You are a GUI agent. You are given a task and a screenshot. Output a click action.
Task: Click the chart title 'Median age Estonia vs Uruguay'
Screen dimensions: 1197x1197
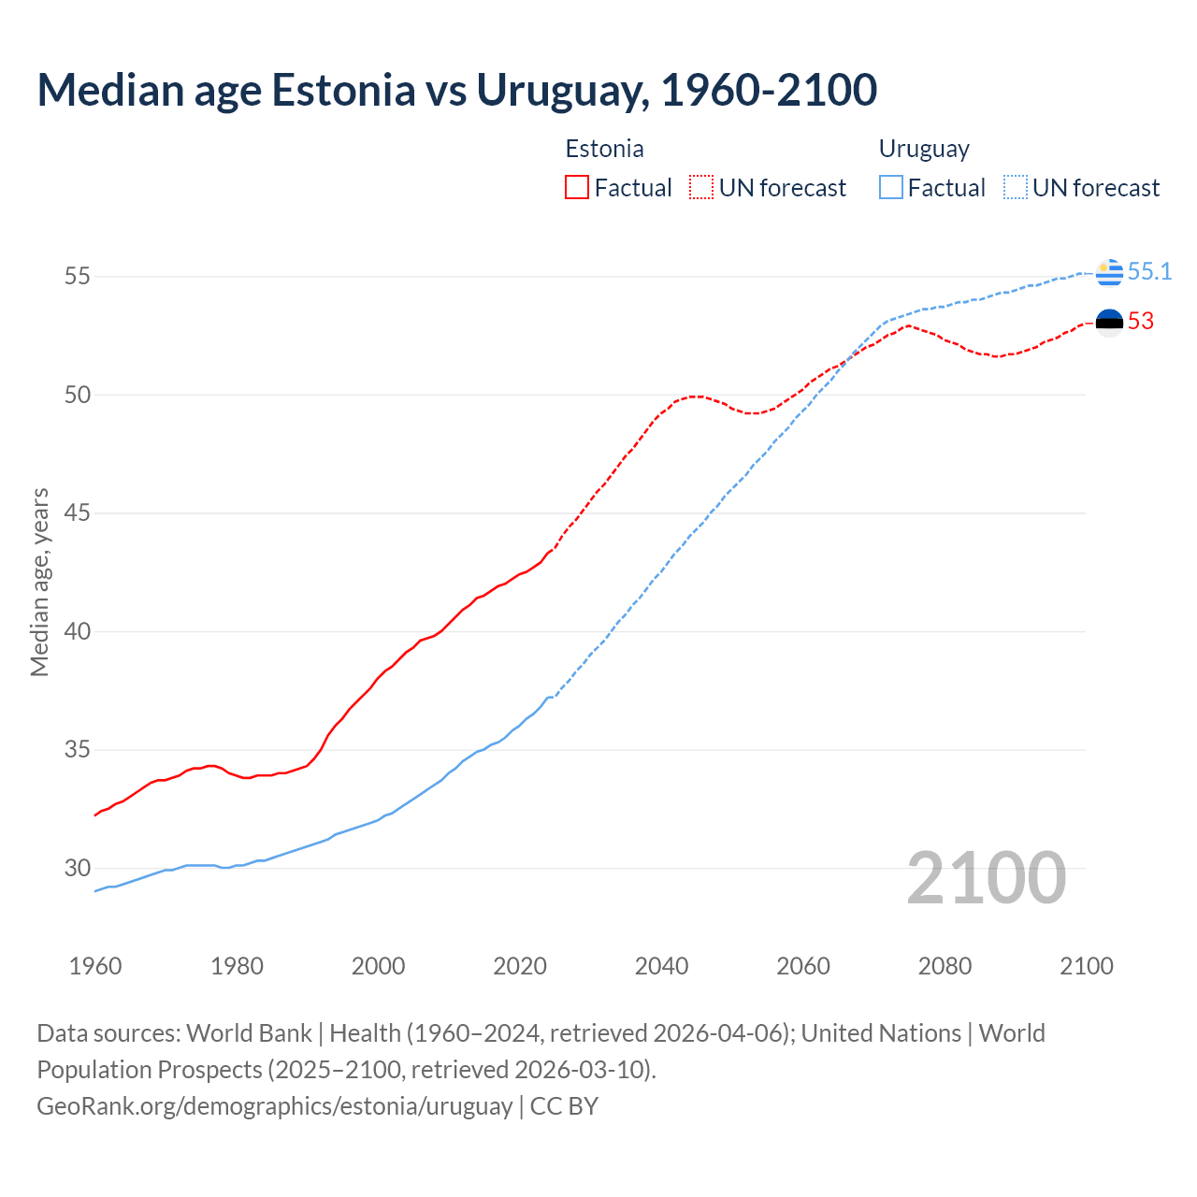click(x=456, y=90)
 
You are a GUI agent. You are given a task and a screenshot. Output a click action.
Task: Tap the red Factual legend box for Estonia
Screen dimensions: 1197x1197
click(x=577, y=188)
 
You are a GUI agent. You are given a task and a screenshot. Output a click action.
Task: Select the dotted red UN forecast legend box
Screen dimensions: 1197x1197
click(x=701, y=188)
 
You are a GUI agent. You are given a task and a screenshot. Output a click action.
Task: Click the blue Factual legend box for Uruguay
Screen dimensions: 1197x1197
click(x=891, y=188)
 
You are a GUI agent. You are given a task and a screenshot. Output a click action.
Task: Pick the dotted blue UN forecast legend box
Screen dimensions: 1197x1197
click(x=1015, y=188)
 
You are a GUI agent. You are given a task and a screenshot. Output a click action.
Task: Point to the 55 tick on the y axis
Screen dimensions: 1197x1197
click(x=78, y=277)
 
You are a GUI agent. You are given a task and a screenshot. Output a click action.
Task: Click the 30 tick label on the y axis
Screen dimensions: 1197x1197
click(x=78, y=868)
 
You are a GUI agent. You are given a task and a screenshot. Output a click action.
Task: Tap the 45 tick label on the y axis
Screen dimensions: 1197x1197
click(x=78, y=513)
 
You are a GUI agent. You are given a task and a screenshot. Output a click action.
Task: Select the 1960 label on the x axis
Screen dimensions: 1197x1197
click(x=95, y=966)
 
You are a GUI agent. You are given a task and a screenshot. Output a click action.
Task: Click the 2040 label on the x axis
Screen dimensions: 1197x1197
click(x=661, y=966)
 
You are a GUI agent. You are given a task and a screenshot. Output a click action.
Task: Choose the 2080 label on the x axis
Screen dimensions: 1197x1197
click(x=945, y=966)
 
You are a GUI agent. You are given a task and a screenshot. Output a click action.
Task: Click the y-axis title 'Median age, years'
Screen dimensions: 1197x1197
click(x=39, y=582)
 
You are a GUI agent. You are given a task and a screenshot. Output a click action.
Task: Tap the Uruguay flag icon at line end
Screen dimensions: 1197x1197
click(x=1109, y=272)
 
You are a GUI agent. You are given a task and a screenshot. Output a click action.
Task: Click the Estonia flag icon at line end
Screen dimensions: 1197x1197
click(x=1109, y=323)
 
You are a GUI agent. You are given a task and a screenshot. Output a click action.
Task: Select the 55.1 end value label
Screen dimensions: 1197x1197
click(x=1149, y=272)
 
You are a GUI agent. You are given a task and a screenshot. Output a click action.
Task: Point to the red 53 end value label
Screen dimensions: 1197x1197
click(x=1141, y=322)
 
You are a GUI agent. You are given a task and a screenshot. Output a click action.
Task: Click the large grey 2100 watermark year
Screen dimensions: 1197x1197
click(x=987, y=877)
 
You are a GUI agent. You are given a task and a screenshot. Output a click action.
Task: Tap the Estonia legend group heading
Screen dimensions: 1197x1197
click(x=604, y=149)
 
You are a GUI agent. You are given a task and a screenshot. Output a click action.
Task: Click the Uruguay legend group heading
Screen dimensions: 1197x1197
click(x=924, y=149)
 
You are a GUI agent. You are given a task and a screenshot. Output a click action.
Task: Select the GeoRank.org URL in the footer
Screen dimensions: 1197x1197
click(x=274, y=1105)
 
